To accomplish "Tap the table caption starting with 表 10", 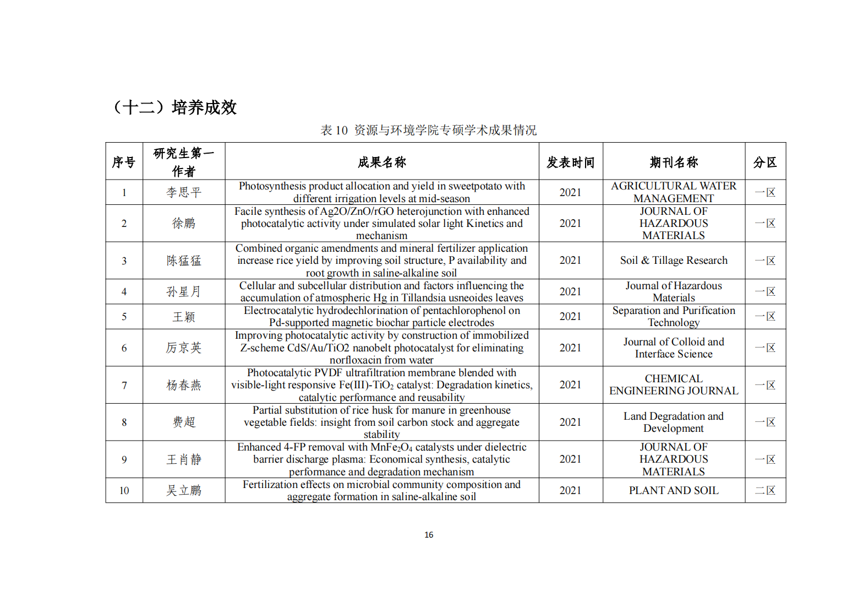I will pos(428,130).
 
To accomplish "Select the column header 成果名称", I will pos(381,162).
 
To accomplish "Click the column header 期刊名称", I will pos(673,162).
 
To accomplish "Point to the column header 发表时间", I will pos(570,162).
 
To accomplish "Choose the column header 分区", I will pos(764,162).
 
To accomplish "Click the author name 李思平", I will pos(184,192).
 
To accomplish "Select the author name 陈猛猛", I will pos(184,261).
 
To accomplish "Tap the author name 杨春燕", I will pos(184,385).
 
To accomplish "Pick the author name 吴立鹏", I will pos(184,490).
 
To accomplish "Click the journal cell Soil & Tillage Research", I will pos(673,261).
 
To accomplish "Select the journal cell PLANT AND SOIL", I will pos(673,490).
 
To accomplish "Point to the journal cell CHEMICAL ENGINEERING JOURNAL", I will pos(673,384).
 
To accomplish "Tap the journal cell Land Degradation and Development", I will pos(673,422).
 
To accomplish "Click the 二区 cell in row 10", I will pos(764,490).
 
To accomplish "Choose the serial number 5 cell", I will pos(124,317).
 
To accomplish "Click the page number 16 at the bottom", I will pos(429,534).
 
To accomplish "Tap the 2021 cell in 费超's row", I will pos(570,422).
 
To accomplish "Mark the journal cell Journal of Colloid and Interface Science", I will pos(673,348).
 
